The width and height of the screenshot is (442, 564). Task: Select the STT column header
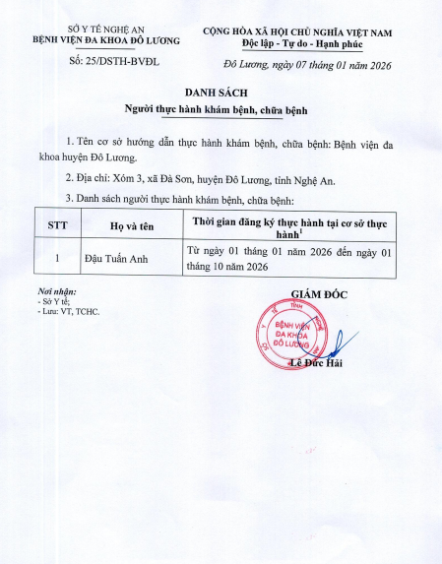(x=58, y=225)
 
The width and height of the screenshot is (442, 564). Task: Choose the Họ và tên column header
(x=135, y=225)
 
